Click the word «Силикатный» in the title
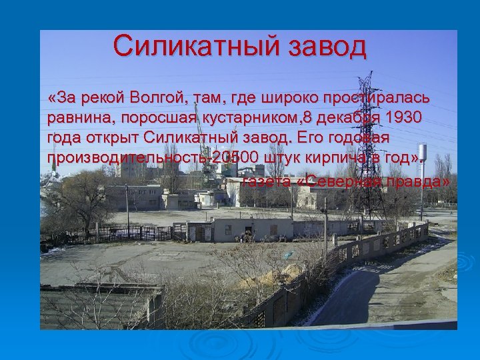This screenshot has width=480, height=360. coord(197,47)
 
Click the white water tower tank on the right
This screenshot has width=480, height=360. coord(422,151)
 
